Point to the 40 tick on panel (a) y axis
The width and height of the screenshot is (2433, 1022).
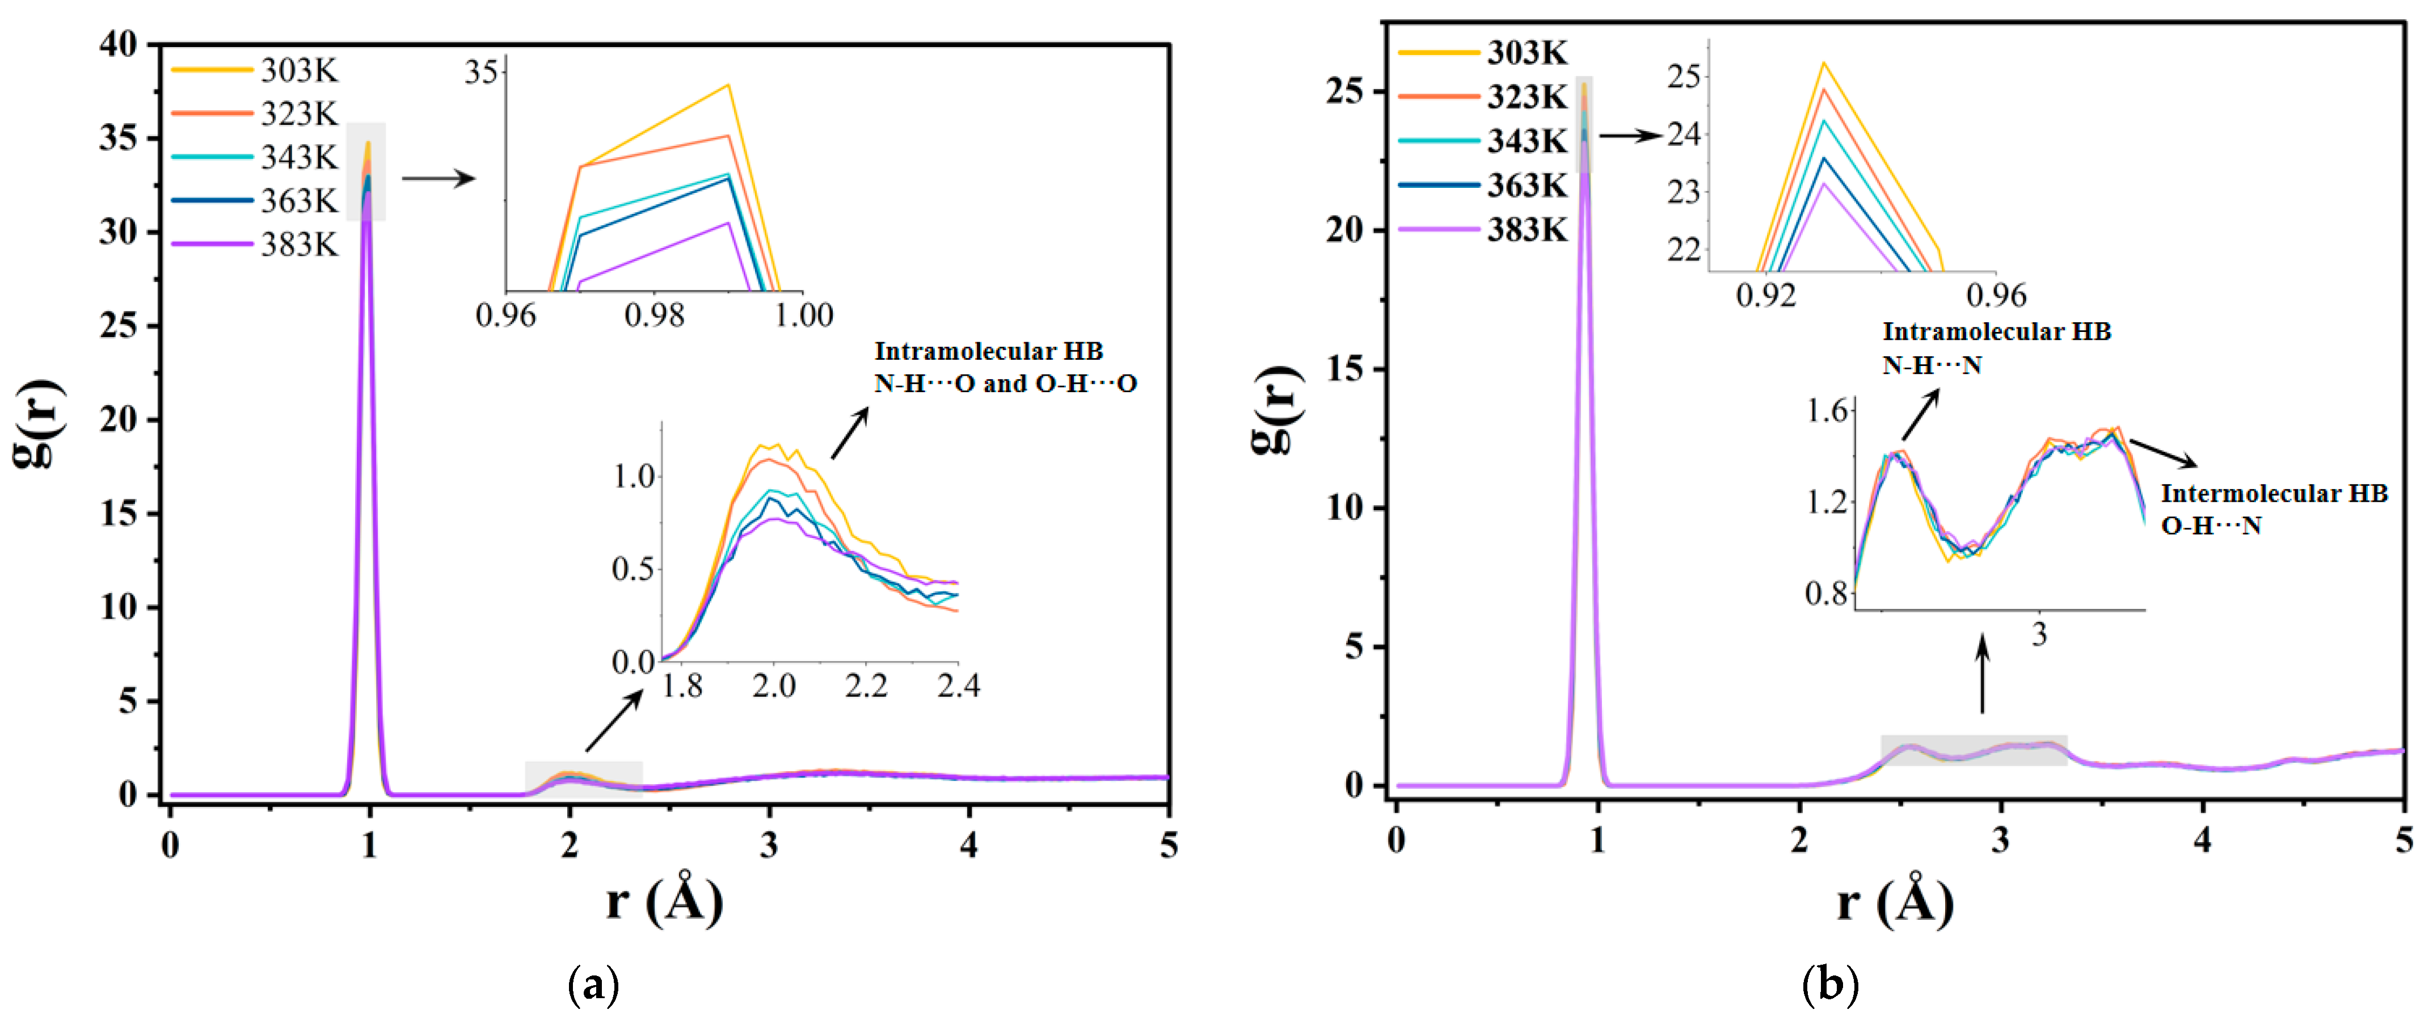click(118, 44)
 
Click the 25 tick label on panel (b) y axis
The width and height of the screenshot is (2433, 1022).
click(1344, 91)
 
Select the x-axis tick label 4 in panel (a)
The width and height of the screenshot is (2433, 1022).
click(969, 844)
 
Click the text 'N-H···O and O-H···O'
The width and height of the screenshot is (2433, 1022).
click(1005, 384)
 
